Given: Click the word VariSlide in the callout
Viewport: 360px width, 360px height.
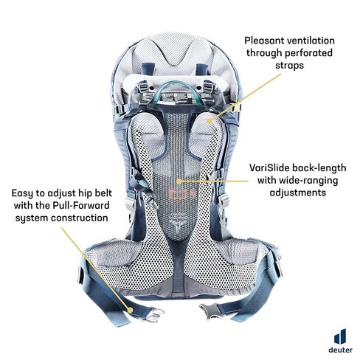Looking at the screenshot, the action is click(x=269, y=168).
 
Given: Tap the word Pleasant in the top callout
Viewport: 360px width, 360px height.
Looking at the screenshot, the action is click(x=263, y=41).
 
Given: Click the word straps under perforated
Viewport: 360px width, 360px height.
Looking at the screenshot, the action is click(x=289, y=66).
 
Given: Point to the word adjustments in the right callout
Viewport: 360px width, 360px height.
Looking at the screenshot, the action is click(x=298, y=193).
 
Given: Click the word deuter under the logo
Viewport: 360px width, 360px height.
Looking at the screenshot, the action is click(x=340, y=350).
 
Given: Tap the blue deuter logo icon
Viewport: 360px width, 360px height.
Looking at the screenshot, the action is click(x=340, y=336).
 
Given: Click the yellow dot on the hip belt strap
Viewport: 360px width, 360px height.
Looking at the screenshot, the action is click(x=131, y=310).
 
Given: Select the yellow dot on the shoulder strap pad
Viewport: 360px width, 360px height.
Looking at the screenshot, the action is click(x=210, y=121).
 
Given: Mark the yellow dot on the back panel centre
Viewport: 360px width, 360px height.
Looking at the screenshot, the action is click(x=179, y=181).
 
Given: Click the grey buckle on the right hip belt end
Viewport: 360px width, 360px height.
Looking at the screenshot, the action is click(x=209, y=311).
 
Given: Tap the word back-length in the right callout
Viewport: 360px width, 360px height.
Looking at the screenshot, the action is click(x=319, y=168).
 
